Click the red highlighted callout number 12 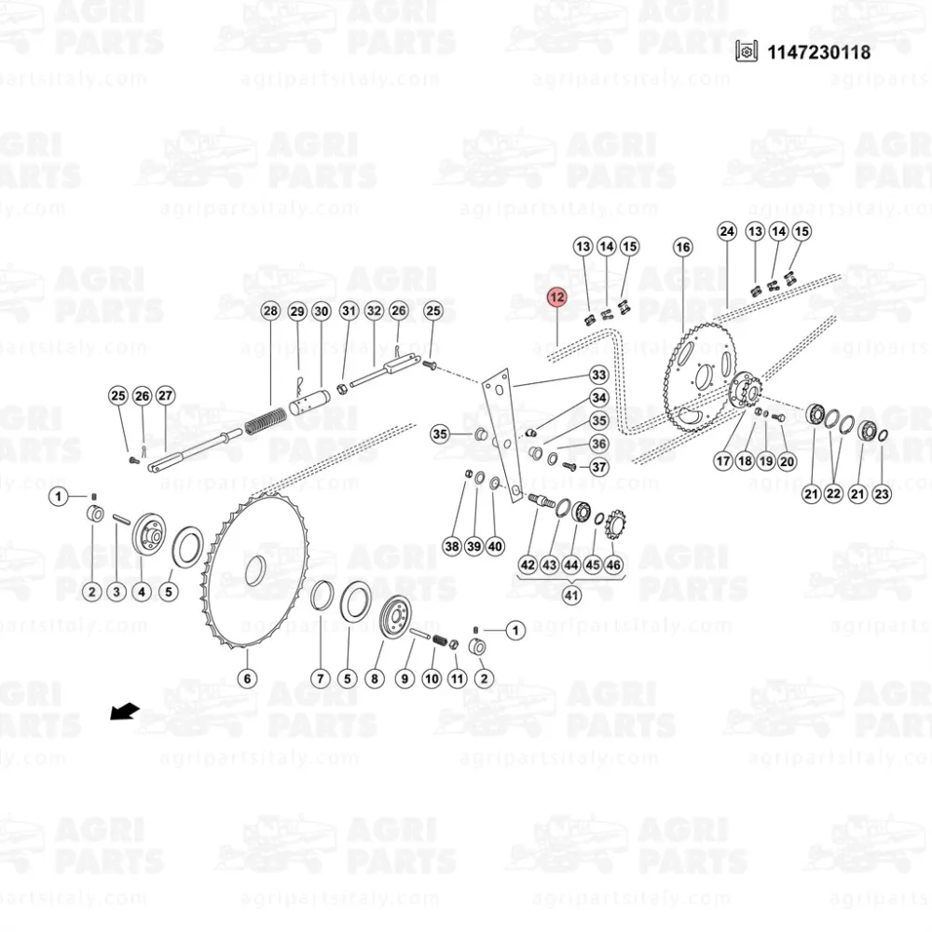pyautogui.click(x=557, y=296)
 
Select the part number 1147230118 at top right pyautogui.click(x=818, y=52)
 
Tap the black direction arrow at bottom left pyautogui.click(x=125, y=711)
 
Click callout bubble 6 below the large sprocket pyautogui.click(x=247, y=678)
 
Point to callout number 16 pyautogui.click(x=682, y=247)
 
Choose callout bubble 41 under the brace pyautogui.click(x=571, y=595)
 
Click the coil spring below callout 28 pyautogui.click(x=266, y=419)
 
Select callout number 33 pyautogui.click(x=598, y=375)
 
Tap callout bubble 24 pyautogui.click(x=727, y=231)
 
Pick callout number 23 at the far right pyautogui.click(x=882, y=493)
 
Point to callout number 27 pyautogui.click(x=165, y=395)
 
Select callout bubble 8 pyautogui.click(x=374, y=678)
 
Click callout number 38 pyautogui.click(x=452, y=545)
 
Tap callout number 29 pyautogui.click(x=297, y=311)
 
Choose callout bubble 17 pyautogui.click(x=723, y=460)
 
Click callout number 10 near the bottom pyautogui.click(x=432, y=678)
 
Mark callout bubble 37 pyautogui.click(x=598, y=467)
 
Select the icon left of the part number pyautogui.click(x=747, y=51)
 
